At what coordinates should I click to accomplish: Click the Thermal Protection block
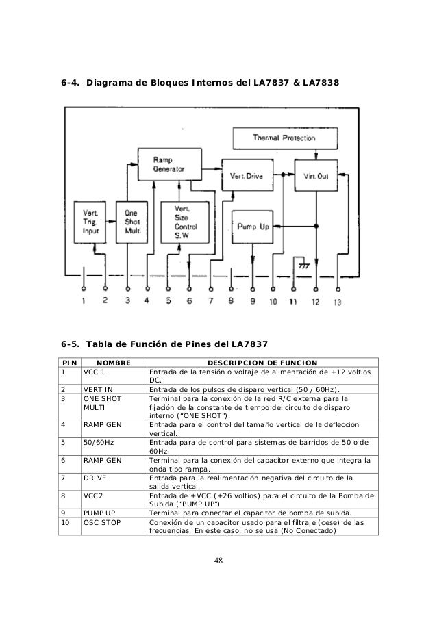pos(284,137)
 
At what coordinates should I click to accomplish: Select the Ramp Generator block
pos(171,164)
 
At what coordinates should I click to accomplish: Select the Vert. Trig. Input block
pos(90,222)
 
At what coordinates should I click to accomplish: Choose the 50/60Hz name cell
pos(99,443)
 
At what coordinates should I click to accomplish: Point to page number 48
pos(218,562)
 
